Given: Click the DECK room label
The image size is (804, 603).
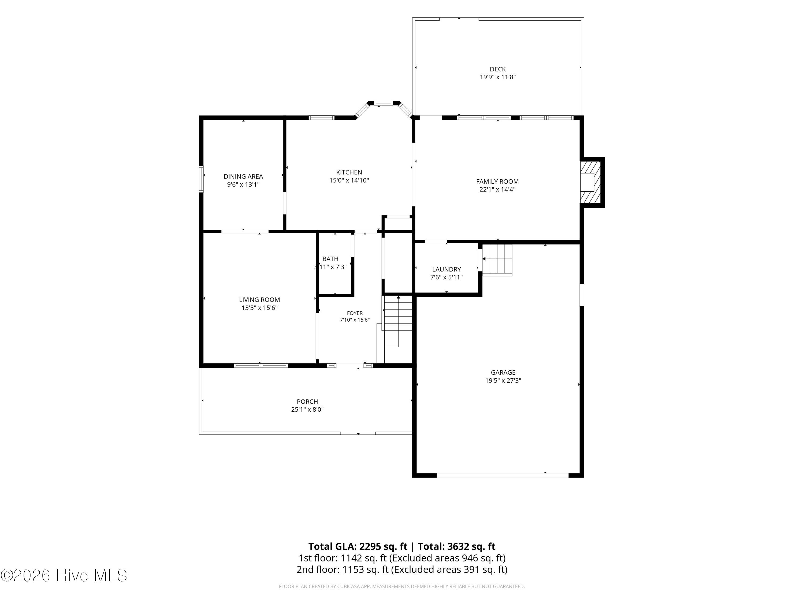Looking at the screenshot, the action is [x=498, y=69].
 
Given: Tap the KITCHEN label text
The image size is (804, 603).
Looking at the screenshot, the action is [x=349, y=172].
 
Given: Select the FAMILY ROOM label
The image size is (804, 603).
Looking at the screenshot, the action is [x=497, y=181].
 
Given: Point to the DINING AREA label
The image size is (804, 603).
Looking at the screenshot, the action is [x=243, y=177].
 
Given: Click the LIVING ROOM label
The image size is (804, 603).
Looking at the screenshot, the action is [x=259, y=300].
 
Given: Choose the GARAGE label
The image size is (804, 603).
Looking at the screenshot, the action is [x=503, y=373].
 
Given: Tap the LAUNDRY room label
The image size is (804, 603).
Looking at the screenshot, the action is [x=446, y=269].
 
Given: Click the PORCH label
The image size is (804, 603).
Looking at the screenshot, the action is [x=307, y=402].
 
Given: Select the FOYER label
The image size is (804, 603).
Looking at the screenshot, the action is [x=355, y=313].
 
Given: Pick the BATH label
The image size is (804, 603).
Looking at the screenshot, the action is [x=330, y=259].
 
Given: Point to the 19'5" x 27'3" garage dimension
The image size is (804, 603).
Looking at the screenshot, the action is [x=503, y=381].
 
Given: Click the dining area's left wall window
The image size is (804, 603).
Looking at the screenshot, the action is [x=201, y=179].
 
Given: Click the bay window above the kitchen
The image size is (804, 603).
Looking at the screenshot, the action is [x=384, y=106].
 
